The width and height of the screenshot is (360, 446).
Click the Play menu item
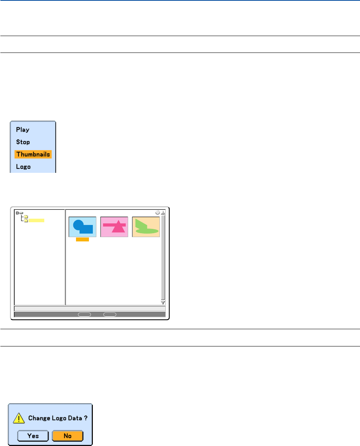[23, 130]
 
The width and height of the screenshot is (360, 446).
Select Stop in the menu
[23, 142]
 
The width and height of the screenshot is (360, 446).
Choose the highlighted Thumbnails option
[33, 154]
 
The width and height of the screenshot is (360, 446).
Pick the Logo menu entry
[24, 167]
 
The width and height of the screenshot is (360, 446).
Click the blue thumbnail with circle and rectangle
[83, 227]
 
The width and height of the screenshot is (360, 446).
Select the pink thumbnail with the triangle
[114, 227]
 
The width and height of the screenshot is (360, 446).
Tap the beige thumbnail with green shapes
[146, 227]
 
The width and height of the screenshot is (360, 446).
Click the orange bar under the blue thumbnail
[82, 239]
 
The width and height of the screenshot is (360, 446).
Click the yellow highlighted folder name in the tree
[36, 221]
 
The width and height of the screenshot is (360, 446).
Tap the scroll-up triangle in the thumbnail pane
[163, 212]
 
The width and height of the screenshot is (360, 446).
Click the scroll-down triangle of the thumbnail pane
[163, 303]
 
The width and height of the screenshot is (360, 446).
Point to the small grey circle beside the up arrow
[157, 212]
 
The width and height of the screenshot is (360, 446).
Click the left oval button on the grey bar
[84, 314]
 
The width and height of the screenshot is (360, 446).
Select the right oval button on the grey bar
[110, 314]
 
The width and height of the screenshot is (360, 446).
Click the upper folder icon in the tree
[26, 217]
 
